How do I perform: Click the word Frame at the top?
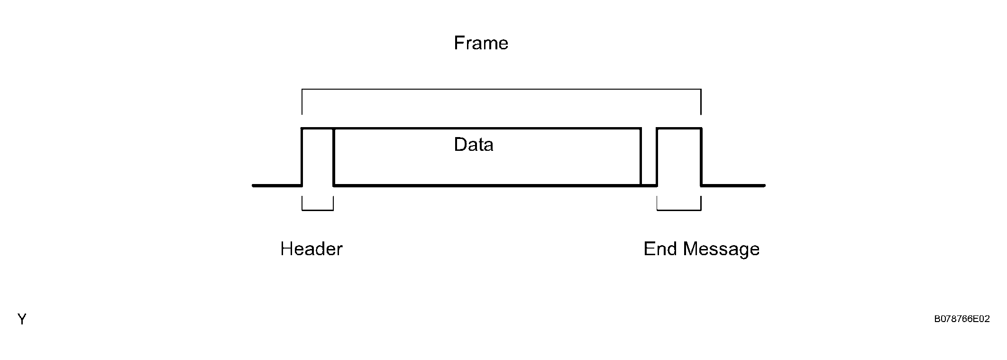[481, 43]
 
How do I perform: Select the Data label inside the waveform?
[473, 145]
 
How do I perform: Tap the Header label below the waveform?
[311, 249]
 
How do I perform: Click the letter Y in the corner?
[22, 319]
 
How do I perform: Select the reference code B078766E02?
[962, 319]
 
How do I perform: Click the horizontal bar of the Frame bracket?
[501, 89]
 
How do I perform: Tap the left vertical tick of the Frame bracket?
[302, 102]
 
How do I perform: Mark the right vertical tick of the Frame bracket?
[701, 102]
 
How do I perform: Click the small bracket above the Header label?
[318, 210]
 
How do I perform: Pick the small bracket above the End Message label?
[679, 210]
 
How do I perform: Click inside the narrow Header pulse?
[318, 157]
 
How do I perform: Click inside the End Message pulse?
[679, 157]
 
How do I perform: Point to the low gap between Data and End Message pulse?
[649, 185]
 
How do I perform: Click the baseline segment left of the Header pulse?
[277, 185]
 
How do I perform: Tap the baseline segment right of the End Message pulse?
[733, 185]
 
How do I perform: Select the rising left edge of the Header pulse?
[302, 157]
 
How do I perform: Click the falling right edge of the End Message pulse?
[701, 157]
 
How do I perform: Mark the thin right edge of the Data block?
[641, 157]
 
